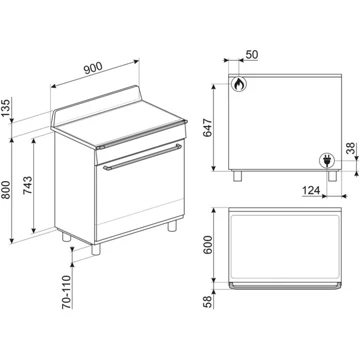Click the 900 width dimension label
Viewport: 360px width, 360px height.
point(93,68)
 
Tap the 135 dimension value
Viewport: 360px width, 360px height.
point(6,107)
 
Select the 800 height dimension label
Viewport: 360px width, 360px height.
point(6,190)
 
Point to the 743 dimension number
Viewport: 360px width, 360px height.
point(28,185)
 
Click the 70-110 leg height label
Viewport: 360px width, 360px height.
point(67,292)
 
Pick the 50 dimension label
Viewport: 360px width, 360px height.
point(252,55)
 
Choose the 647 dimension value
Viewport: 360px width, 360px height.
point(208,128)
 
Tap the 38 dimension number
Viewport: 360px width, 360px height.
point(351,149)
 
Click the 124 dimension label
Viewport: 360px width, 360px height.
point(311,191)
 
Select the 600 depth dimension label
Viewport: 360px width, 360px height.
point(208,245)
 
